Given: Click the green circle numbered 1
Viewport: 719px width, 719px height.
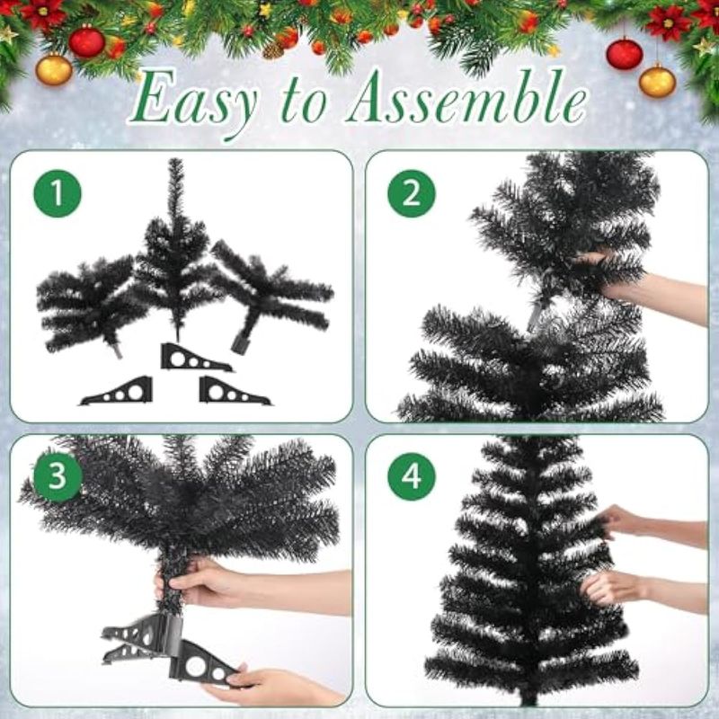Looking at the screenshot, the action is point(58,193).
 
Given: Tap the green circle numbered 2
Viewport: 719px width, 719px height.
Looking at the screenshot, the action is point(412,193).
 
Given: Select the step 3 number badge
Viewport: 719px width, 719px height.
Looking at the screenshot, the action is point(58,476).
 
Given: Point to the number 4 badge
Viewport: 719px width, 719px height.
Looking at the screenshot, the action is point(412,476).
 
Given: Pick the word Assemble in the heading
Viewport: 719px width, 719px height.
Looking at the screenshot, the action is point(466,97).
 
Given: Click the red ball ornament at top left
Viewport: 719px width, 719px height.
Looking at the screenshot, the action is point(86,41).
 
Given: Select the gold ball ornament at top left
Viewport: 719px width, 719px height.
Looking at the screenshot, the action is point(54,70).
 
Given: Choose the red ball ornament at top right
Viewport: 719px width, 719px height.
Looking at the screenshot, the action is point(624,54).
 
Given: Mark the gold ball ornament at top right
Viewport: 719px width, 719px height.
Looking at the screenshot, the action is point(657,81).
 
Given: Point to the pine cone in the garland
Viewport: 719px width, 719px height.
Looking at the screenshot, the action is point(273,50).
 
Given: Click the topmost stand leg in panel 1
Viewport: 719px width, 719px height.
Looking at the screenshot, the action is point(195,358).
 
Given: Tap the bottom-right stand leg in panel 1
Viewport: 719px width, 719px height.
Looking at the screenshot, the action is point(234,391).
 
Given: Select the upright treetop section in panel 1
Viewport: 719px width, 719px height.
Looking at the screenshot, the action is point(175,248).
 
